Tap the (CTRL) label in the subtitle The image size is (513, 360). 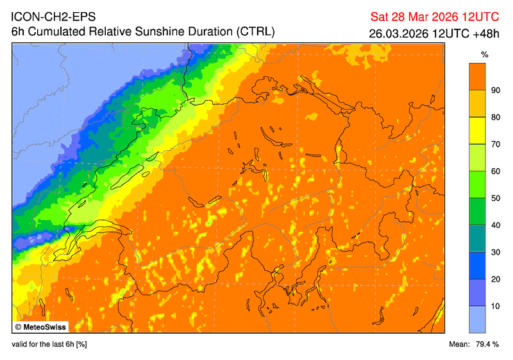[x=256, y=31]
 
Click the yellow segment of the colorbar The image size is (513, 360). [x=476, y=131]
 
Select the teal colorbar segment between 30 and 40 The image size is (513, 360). [x=476, y=239]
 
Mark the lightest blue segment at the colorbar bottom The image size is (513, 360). [x=476, y=320]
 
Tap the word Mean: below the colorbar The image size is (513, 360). [x=460, y=345]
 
